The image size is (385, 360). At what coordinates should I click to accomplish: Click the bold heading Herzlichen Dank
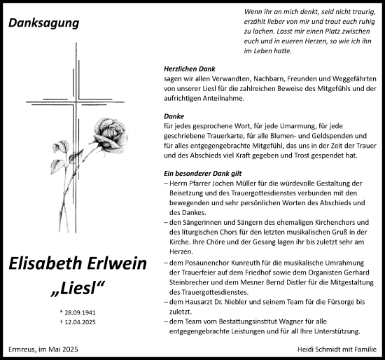pyautogui.click(x=182, y=69)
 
